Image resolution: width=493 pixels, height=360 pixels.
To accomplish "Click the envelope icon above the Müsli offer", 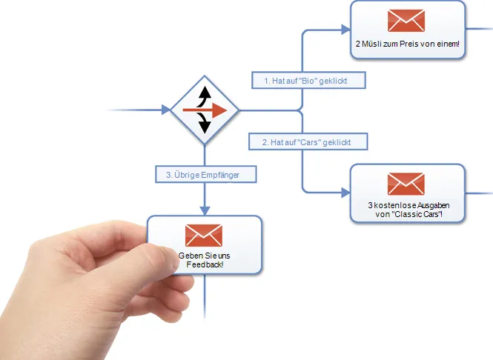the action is click(406, 21).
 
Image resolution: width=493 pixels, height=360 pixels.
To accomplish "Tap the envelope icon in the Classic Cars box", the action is click(406, 184).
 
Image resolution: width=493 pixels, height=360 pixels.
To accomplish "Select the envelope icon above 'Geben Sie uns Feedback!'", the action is click(204, 236).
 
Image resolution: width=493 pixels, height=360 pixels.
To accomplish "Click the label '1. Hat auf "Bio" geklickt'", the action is click(308, 80).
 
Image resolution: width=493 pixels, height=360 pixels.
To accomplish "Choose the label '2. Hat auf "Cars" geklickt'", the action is click(308, 141).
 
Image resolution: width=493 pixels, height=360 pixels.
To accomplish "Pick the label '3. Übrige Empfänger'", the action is click(206, 174).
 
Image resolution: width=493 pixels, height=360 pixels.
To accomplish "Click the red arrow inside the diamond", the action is click(205, 110).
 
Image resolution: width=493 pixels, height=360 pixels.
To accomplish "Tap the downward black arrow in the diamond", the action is click(204, 123).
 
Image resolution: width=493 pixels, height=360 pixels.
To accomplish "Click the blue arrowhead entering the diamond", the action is click(166, 110).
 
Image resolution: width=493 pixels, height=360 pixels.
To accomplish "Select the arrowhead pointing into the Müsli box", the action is click(346, 30).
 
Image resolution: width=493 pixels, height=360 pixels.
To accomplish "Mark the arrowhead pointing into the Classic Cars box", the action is click(346, 193).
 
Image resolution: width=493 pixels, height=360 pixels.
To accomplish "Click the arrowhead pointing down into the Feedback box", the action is click(205, 211).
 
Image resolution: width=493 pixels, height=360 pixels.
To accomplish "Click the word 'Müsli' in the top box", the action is click(371, 44).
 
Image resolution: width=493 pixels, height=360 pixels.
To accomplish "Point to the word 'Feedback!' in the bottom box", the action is click(205, 264).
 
